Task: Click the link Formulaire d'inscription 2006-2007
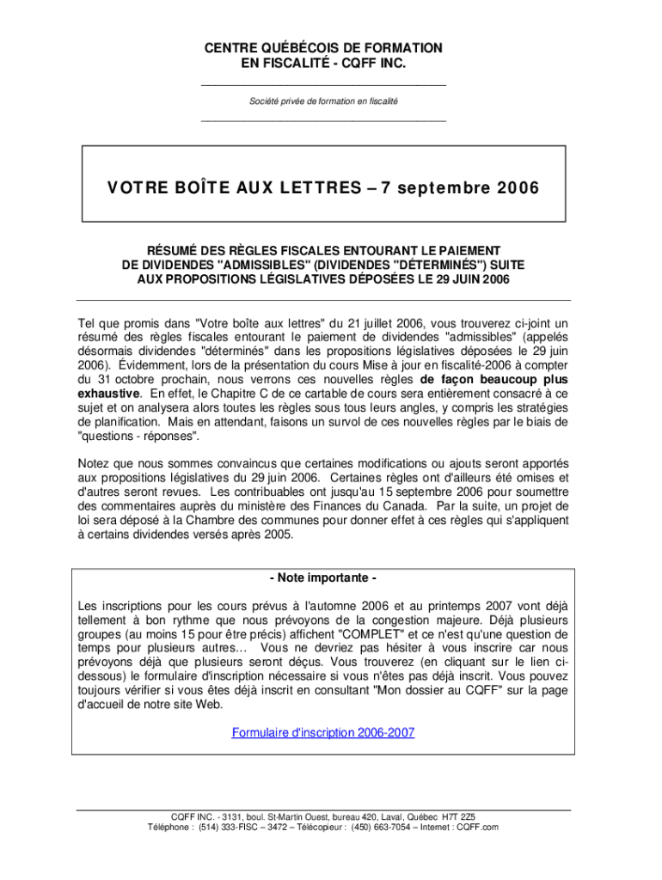point(323,733)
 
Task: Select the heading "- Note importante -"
point(323,577)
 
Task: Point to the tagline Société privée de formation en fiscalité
point(323,101)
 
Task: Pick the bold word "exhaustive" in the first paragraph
point(109,394)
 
